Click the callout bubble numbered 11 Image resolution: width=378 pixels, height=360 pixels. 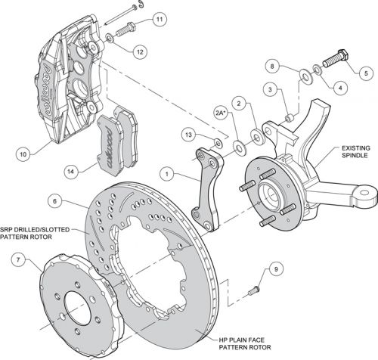pyautogui.click(x=160, y=20)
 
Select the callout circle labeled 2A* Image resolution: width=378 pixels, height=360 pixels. pyautogui.click(x=221, y=113)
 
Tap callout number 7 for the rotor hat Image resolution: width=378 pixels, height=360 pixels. pyautogui.click(x=18, y=259)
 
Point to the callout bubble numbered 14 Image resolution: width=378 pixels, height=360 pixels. pyautogui.click(x=71, y=172)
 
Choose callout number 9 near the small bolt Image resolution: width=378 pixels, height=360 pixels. pyautogui.click(x=276, y=269)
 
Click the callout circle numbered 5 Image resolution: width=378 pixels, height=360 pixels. pyautogui.click(x=366, y=73)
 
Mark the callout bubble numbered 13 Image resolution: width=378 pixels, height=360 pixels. pyautogui.click(x=188, y=135)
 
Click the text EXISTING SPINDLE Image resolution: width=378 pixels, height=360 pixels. pyautogui.click(x=356, y=151)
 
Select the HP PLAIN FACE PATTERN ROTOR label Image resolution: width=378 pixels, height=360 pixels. pyautogui.click(x=245, y=343)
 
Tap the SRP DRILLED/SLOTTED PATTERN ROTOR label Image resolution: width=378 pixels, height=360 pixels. pyautogui.click(x=35, y=233)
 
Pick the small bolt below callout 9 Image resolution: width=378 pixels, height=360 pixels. pyautogui.click(x=254, y=290)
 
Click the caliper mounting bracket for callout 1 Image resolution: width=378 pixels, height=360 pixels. pyautogui.click(x=207, y=189)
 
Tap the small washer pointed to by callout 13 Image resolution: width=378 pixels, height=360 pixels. pyautogui.click(x=218, y=143)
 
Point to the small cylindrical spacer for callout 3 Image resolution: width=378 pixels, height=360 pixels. pyautogui.click(x=290, y=118)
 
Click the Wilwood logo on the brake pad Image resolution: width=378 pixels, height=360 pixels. pyautogui.click(x=110, y=147)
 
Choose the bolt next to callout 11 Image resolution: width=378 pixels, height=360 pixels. pyautogui.click(x=125, y=29)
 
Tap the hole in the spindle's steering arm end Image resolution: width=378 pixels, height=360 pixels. pyautogui.click(x=364, y=193)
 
